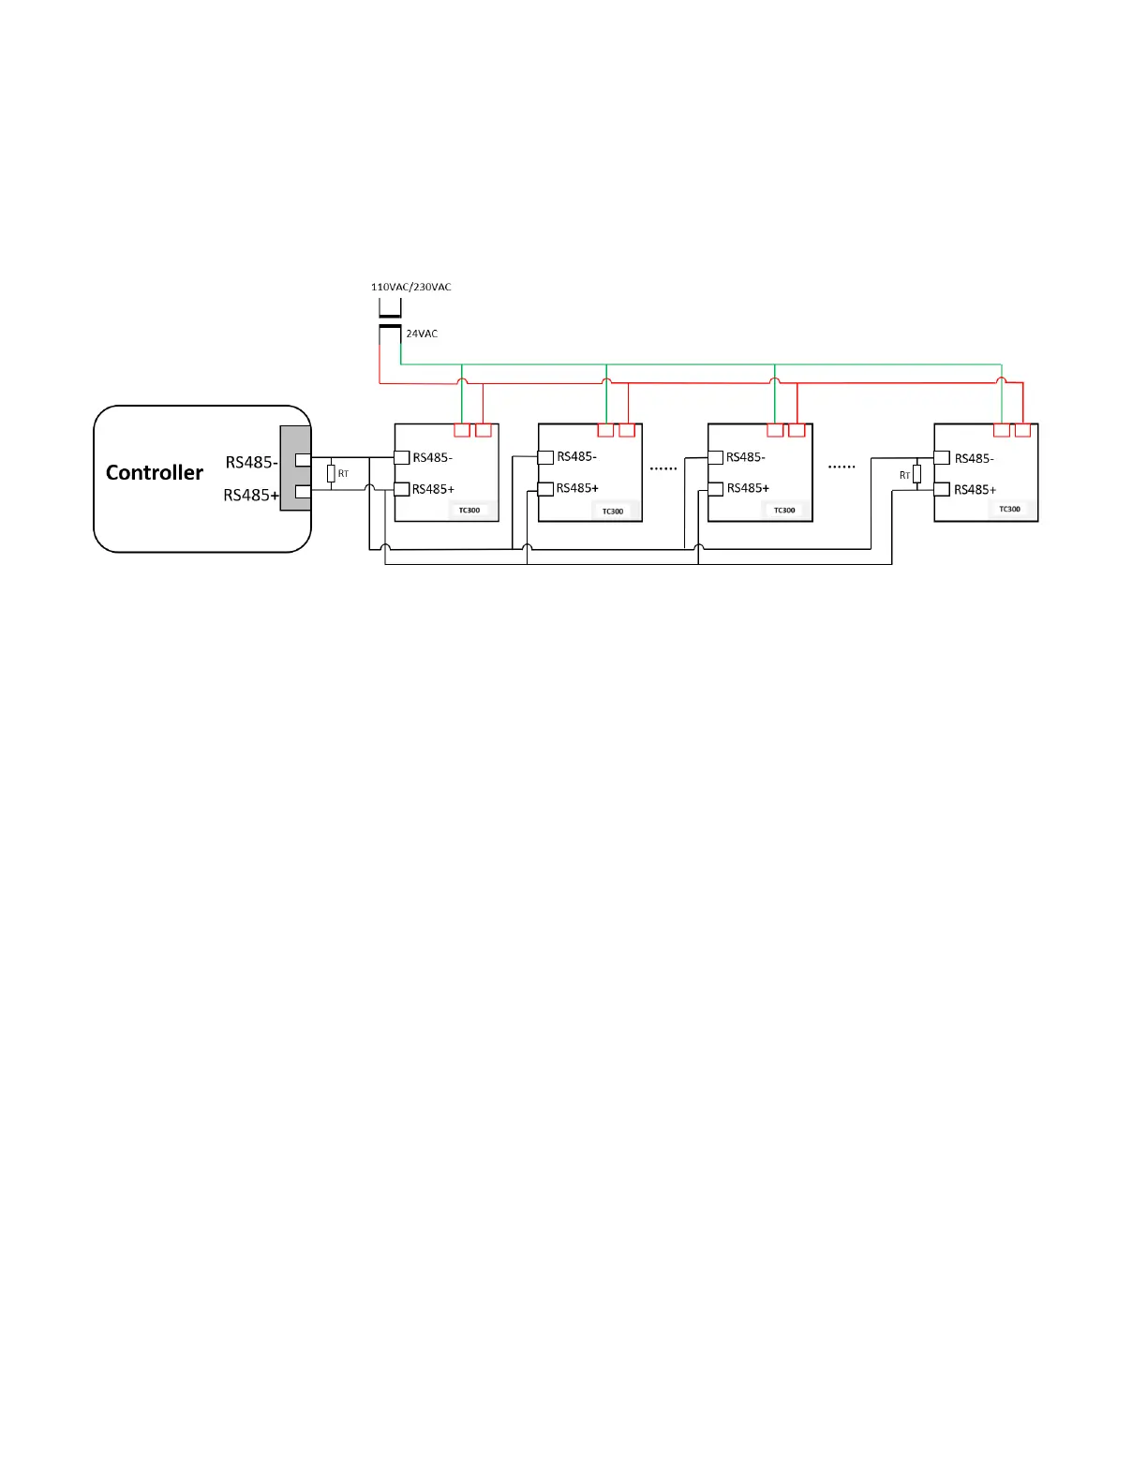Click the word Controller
pyautogui.click(x=155, y=473)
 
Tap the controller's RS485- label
pyautogui.click(x=251, y=463)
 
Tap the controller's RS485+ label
pyautogui.click(x=251, y=496)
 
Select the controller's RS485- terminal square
pyautogui.click(x=303, y=460)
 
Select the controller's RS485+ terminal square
pyautogui.click(x=303, y=492)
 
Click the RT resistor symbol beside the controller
pyautogui.click(x=331, y=474)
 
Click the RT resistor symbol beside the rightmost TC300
pyautogui.click(x=916, y=474)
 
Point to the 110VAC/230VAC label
pyautogui.click(x=410, y=287)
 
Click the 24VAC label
pyautogui.click(x=422, y=334)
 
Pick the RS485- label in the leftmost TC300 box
pyautogui.click(x=432, y=458)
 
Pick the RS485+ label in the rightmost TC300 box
pyautogui.click(x=975, y=490)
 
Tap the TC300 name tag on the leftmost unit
pyautogui.click(x=469, y=511)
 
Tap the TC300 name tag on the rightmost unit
pyautogui.click(x=1009, y=510)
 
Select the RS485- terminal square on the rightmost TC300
pyautogui.click(x=943, y=458)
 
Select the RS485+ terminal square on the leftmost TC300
pyautogui.click(x=402, y=489)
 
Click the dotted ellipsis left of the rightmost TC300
pyautogui.click(x=842, y=467)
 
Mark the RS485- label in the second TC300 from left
pyautogui.click(x=576, y=457)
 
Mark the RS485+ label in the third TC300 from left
pyautogui.click(x=748, y=488)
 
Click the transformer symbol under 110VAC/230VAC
pyautogui.click(x=390, y=318)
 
